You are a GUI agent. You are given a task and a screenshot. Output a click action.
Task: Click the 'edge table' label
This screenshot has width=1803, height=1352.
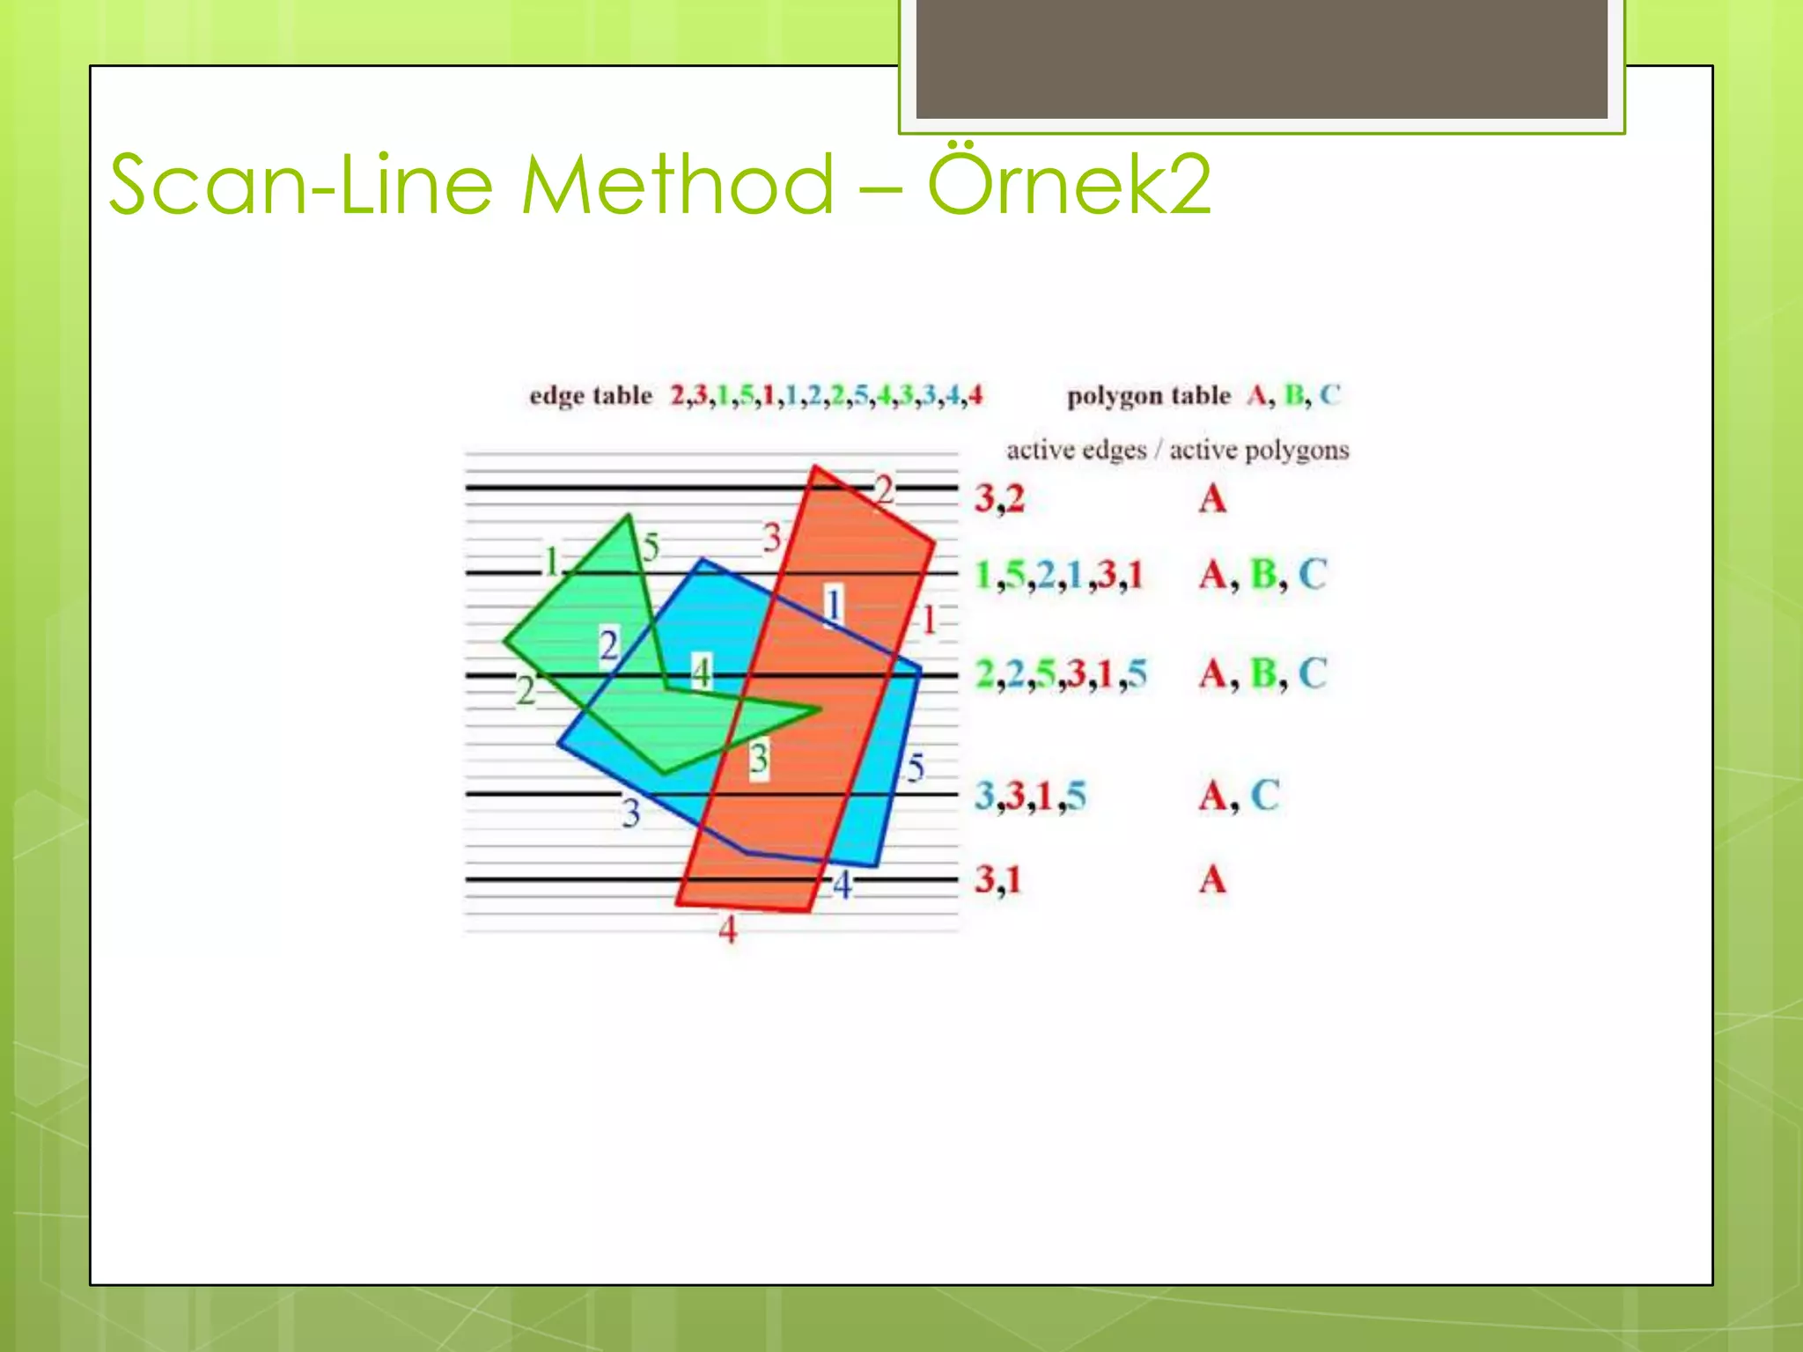point(590,396)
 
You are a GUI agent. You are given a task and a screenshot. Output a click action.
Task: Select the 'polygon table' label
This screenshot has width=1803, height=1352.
point(1148,396)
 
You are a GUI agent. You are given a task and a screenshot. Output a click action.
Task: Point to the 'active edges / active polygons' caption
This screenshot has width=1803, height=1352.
point(1177,451)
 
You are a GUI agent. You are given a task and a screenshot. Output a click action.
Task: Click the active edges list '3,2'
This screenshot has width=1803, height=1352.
point(999,499)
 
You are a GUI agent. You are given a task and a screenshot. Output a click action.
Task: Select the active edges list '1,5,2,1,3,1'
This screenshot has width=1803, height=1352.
point(1058,576)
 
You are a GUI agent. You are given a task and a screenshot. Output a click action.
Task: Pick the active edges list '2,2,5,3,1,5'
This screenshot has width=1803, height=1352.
point(1061,674)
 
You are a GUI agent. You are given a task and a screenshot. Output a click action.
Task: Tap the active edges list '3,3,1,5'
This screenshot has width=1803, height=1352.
point(1030,797)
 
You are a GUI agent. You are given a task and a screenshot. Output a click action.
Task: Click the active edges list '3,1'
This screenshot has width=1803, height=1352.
point(997,879)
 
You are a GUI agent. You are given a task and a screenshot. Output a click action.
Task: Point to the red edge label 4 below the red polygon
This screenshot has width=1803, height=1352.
point(727,929)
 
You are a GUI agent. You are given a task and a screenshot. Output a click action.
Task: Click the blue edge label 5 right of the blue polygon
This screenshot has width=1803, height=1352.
point(916,768)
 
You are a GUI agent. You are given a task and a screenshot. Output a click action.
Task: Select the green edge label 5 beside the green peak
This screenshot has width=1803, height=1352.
point(651,547)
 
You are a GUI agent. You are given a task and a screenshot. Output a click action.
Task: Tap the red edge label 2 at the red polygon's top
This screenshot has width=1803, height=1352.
point(884,489)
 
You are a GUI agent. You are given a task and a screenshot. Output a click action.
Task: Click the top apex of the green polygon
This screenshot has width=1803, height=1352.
point(629,516)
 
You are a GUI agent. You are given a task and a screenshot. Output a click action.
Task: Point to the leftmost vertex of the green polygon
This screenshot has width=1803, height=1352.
point(505,642)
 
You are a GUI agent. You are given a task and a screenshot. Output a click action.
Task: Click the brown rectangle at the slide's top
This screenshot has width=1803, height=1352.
point(1261,58)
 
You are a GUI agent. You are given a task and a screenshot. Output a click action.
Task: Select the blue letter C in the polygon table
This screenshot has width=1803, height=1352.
point(1329,395)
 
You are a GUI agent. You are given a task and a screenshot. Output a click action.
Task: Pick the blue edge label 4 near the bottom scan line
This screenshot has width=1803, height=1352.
point(843,885)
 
